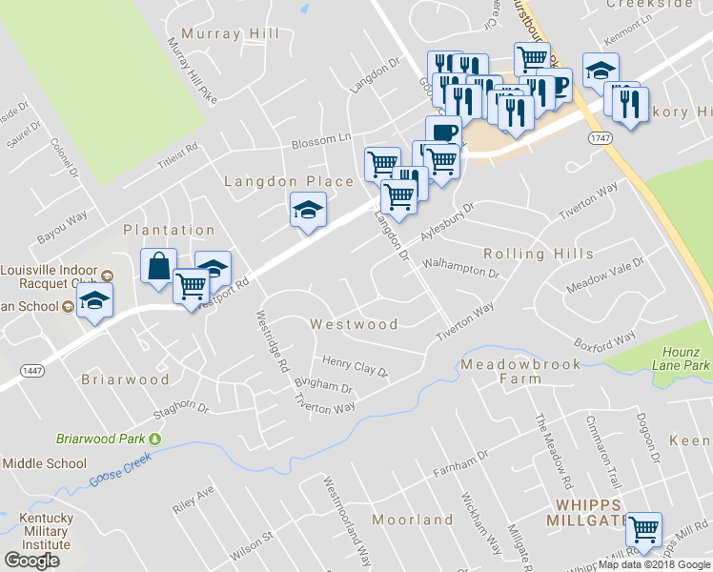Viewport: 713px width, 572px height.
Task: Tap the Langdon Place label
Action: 288,181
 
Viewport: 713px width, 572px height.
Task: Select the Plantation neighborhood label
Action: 169,230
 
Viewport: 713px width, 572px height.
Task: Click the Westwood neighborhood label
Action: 354,324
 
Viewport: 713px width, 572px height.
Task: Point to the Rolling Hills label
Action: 539,254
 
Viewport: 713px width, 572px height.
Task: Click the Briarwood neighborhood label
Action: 125,379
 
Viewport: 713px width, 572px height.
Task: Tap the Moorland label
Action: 413,520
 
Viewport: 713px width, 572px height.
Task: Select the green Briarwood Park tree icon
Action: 154,439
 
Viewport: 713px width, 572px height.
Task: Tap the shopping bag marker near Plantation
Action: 158,266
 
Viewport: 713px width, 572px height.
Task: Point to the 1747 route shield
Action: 600,138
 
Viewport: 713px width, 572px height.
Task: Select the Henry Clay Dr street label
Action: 355,365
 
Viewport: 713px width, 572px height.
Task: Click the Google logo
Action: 31,561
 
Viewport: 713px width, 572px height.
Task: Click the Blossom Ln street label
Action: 321,138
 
